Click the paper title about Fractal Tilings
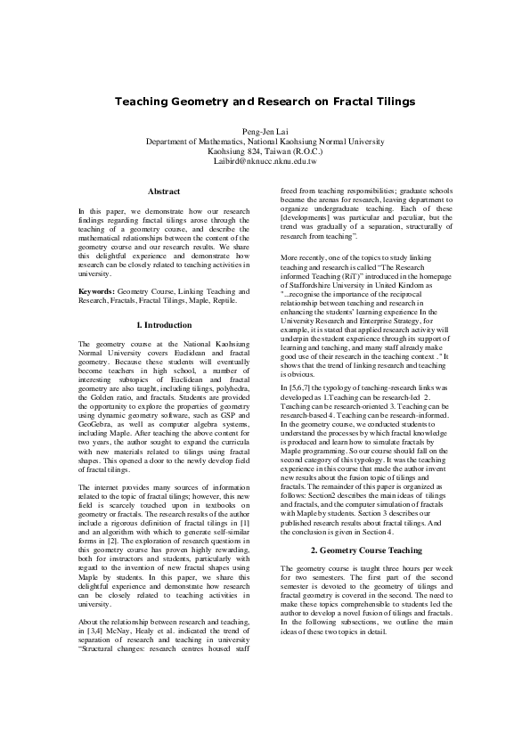pos(265,102)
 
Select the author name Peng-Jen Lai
pos(265,130)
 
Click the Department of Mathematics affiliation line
pos(265,142)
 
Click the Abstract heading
pos(164,192)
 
